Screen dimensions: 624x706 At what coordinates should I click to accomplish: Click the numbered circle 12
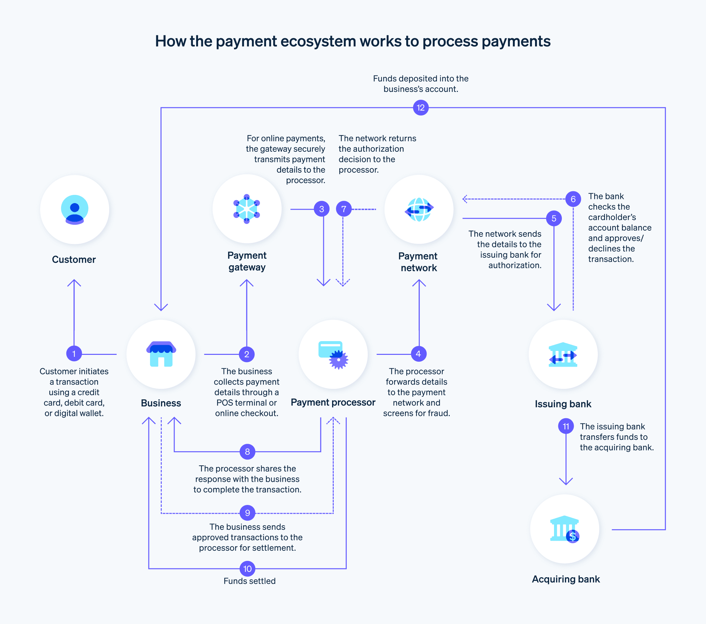(x=420, y=108)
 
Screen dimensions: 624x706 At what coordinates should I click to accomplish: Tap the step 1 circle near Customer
(x=74, y=354)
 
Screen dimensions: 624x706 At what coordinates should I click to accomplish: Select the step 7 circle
(x=343, y=209)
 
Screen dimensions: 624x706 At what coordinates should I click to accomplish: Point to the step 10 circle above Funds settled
(x=247, y=568)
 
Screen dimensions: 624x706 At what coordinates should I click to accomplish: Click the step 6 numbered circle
(x=573, y=199)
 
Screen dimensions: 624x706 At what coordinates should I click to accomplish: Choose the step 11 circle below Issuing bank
(x=565, y=426)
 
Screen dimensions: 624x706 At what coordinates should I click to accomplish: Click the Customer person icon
(x=74, y=209)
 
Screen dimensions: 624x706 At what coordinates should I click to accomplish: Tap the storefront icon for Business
(x=161, y=354)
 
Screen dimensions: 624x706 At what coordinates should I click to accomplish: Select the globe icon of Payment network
(x=419, y=209)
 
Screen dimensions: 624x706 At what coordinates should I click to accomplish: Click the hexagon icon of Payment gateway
(x=247, y=209)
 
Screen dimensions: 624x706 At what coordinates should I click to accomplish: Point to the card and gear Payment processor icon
(x=333, y=355)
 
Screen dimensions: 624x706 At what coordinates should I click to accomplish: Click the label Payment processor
(x=333, y=402)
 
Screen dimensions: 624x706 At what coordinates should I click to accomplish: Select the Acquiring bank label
(x=565, y=579)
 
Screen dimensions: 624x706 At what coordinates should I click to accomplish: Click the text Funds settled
(x=249, y=581)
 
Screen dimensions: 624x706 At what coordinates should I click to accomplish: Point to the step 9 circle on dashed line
(x=247, y=513)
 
